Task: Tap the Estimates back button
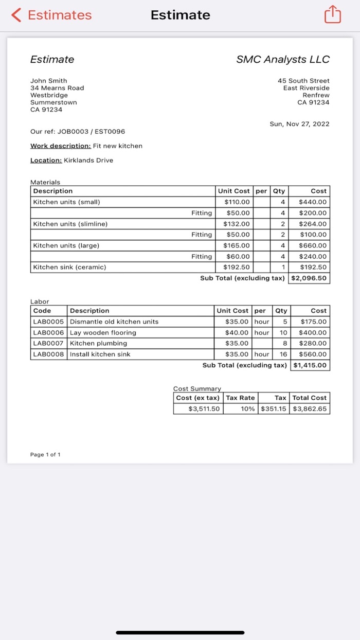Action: click(x=52, y=15)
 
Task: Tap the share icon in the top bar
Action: click(x=332, y=15)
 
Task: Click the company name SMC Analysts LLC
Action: click(x=283, y=59)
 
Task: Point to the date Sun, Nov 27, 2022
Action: click(x=299, y=124)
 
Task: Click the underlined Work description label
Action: click(x=60, y=146)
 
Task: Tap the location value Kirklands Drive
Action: click(x=88, y=160)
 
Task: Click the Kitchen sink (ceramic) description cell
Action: click(x=69, y=267)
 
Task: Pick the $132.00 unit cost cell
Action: click(x=237, y=224)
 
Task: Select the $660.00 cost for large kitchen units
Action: click(x=312, y=245)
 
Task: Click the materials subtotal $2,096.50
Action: click(x=309, y=278)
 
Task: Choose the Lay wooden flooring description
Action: click(x=103, y=332)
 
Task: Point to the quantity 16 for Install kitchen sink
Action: click(x=282, y=354)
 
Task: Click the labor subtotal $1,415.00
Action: click(x=310, y=365)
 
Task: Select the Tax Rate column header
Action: click(x=240, y=398)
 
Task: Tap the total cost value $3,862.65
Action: click(x=310, y=409)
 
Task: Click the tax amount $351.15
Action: click(x=274, y=409)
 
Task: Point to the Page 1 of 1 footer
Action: click(x=45, y=455)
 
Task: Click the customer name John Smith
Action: click(x=48, y=81)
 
